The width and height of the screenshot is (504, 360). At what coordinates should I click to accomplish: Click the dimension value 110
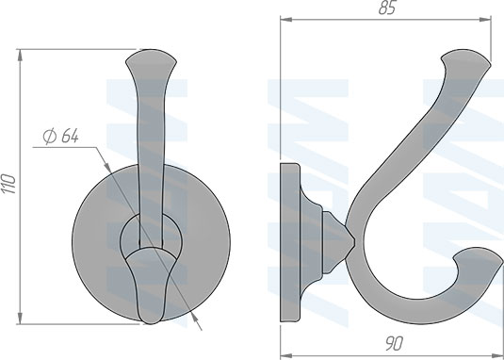click(x=9, y=184)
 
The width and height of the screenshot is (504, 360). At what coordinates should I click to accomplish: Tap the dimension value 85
click(x=387, y=8)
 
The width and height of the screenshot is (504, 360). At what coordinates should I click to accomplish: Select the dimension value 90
click(x=394, y=344)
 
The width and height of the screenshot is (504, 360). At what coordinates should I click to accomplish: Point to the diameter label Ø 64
click(x=60, y=136)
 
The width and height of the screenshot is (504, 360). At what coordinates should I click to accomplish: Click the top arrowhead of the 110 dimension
click(x=20, y=56)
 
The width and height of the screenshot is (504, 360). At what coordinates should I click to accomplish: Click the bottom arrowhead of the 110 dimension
click(x=20, y=319)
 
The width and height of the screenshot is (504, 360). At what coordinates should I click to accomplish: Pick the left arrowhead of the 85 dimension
click(x=286, y=20)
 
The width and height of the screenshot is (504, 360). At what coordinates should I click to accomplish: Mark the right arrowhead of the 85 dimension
click(x=485, y=20)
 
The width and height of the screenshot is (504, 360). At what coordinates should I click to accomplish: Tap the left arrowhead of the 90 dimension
click(x=286, y=356)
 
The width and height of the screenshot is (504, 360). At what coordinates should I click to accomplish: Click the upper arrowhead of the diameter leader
click(x=108, y=168)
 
